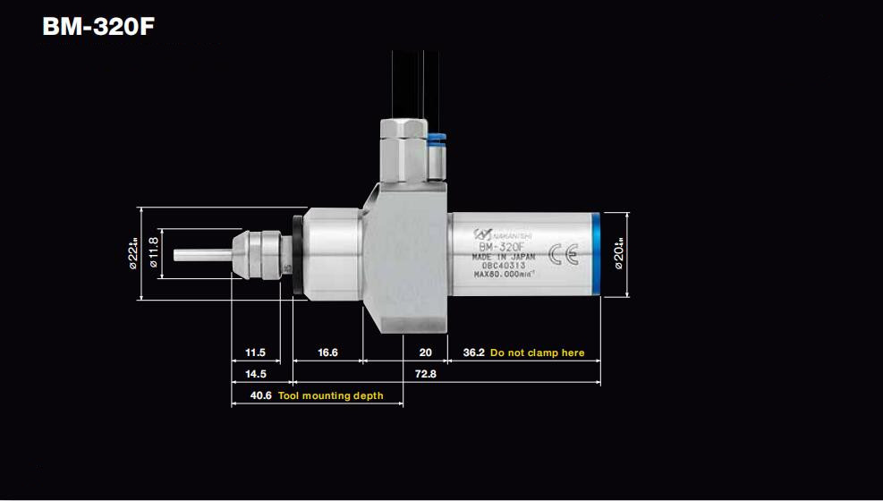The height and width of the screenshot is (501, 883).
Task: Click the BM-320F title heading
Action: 98,26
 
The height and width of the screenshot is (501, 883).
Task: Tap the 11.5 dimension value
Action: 255,352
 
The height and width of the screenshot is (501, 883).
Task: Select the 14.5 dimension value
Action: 255,374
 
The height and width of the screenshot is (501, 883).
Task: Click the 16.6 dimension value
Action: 327,352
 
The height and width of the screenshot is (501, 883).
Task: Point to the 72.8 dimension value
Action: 426,374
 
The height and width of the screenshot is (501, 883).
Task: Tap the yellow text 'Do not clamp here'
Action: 537,352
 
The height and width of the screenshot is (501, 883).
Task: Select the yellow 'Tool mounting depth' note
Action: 330,395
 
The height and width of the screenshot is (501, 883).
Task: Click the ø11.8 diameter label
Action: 153,253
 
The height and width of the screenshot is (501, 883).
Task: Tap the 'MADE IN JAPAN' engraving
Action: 504,256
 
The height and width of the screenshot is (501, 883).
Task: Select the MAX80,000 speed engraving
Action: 505,274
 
